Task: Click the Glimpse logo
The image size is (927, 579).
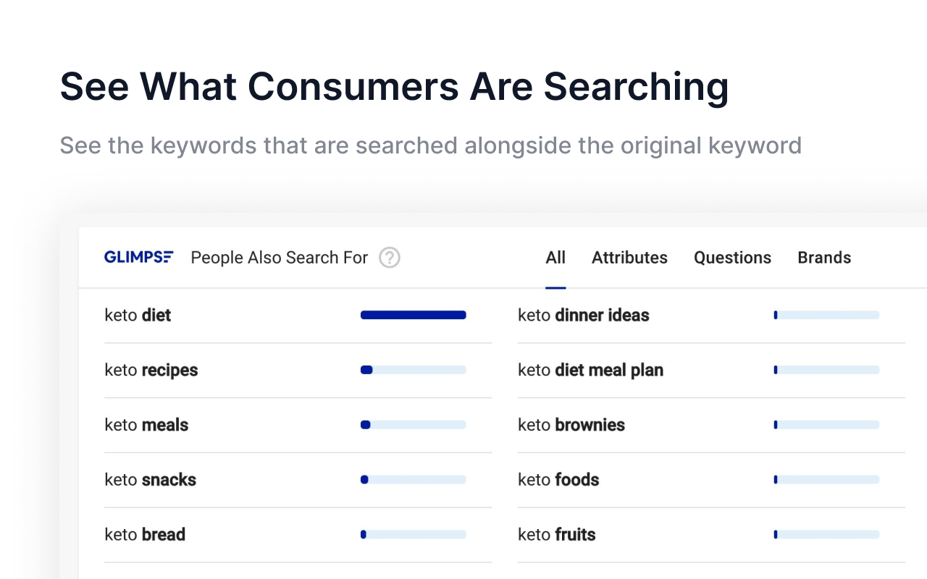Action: (138, 257)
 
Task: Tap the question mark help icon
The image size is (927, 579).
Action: (390, 258)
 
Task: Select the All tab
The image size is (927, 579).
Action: (555, 258)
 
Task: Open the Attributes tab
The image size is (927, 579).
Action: (629, 258)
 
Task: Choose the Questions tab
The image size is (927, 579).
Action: (732, 258)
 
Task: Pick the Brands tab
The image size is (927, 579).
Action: (824, 258)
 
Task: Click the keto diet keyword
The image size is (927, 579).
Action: (138, 316)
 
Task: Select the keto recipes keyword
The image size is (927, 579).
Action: (151, 371)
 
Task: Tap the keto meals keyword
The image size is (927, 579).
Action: (146, 425)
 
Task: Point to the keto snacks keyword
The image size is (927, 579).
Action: (150, 480)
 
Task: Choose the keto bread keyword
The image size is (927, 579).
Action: (145, 535)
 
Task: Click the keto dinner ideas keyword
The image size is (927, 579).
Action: (583, 316)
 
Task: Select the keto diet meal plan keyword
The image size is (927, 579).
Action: (590, 371)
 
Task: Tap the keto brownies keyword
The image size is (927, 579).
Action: (571, 425)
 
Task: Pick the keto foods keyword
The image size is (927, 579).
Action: (558, 480)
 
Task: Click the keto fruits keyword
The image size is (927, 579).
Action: (556, 535)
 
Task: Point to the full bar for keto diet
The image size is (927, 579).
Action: (413, 315)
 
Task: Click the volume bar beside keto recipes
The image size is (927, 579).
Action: (413, 370)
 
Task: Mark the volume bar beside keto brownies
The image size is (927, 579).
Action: (826, 425)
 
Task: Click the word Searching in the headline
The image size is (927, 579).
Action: (636, 86)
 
